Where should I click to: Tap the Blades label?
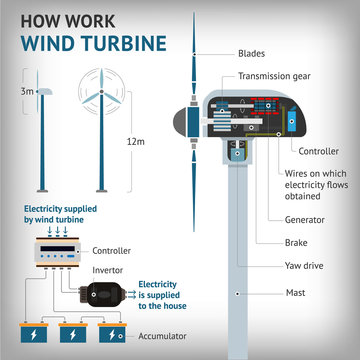point(251,53)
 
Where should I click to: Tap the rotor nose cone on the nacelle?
point(181,119)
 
